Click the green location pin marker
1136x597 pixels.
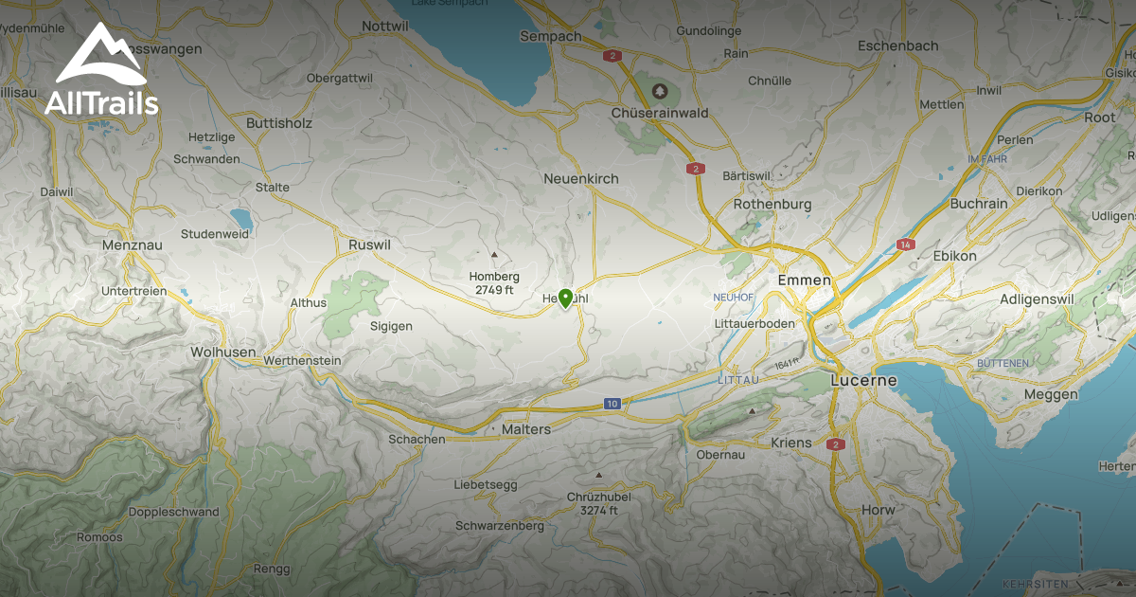tap(565, 298)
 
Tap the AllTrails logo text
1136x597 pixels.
tap(101, 103)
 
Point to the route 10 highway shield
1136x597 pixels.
tap(612, 405)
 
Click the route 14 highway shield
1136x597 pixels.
tap(906, 244)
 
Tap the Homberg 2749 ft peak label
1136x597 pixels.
tap(494, 282)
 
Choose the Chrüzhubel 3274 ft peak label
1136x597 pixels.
tap(598, 503)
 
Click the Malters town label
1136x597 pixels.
tap(524, 429)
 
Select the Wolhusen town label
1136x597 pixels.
tap(223, 352)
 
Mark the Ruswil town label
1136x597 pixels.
tap(369, 244)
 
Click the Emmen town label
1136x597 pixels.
tap(804, 280)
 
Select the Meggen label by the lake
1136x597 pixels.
tap(1051, 394)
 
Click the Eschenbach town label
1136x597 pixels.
tap(897, 45)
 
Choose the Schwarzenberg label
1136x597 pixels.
tap(499, 525)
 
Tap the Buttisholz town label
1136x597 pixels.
tap(278, 123)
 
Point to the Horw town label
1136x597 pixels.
tap(878, 510)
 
